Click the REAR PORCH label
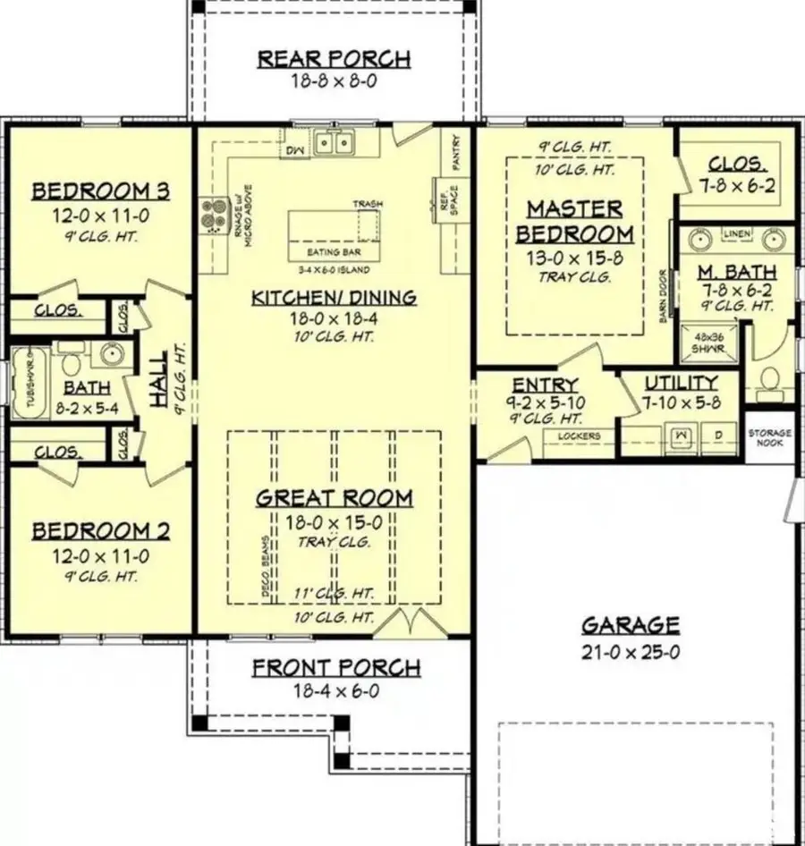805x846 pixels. pos(334,60)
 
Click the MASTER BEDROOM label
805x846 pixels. pos(573,221)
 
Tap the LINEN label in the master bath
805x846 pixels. pos(737,233)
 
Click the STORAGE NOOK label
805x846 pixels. pos(769,437)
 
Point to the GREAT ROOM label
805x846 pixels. pos(334,498)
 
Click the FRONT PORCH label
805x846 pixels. pos(335,668)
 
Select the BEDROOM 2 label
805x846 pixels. pos(101,532)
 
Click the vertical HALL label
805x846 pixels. pos(157,380)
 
